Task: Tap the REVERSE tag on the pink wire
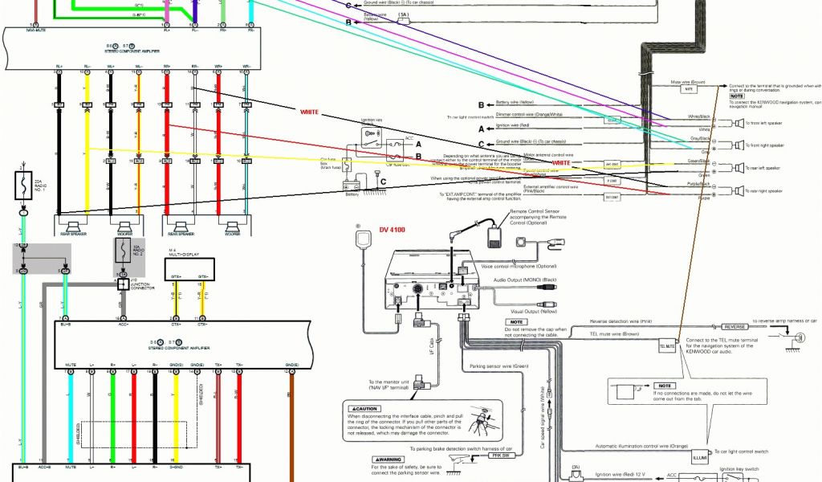735,327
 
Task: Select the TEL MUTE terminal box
668,346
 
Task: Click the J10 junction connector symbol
123,284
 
